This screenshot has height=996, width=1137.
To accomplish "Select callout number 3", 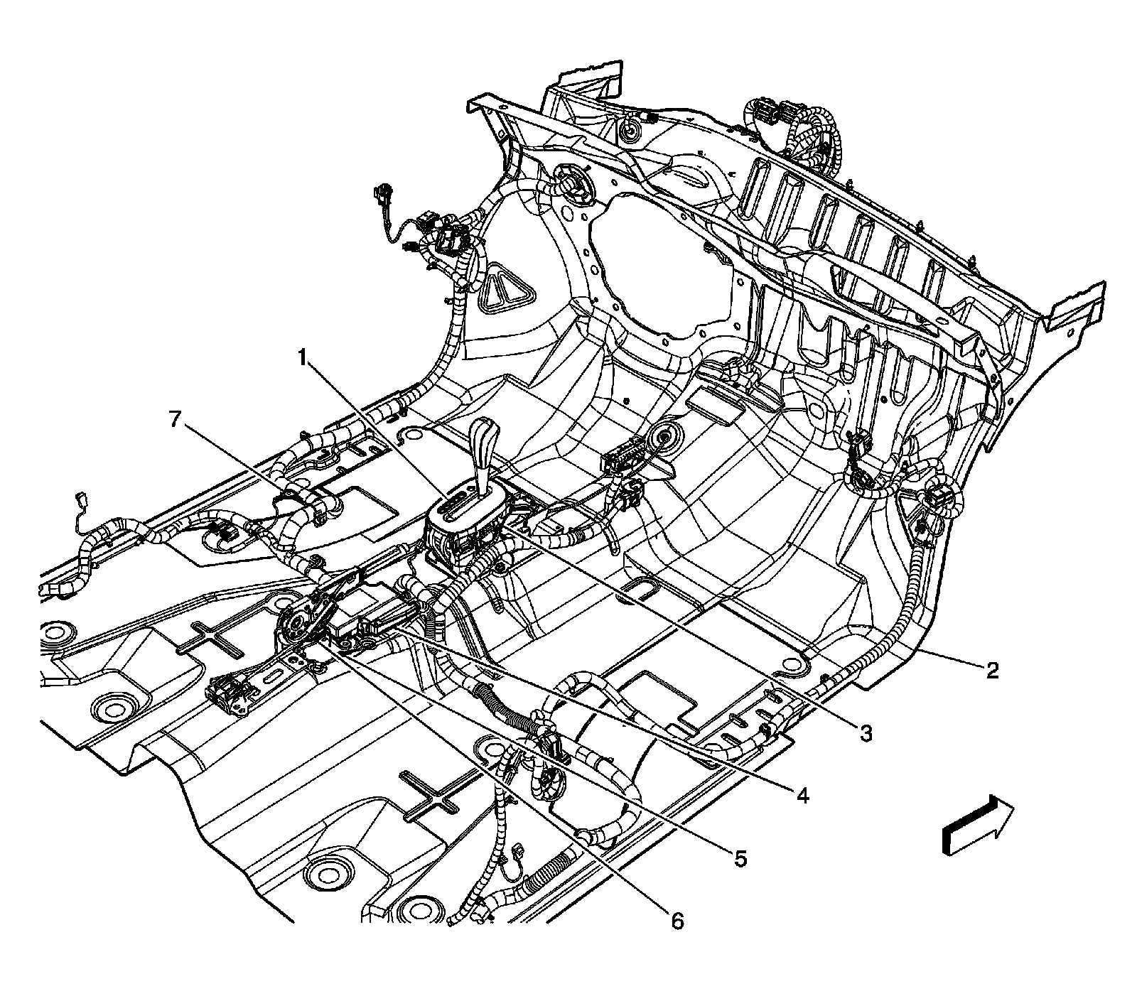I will [865, 733].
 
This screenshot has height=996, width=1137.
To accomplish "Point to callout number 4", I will [802, 795].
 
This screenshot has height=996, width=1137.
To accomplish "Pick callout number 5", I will [740, 858].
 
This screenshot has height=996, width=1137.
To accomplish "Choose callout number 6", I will [677, 921].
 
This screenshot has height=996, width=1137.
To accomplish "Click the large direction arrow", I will [976, 823].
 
